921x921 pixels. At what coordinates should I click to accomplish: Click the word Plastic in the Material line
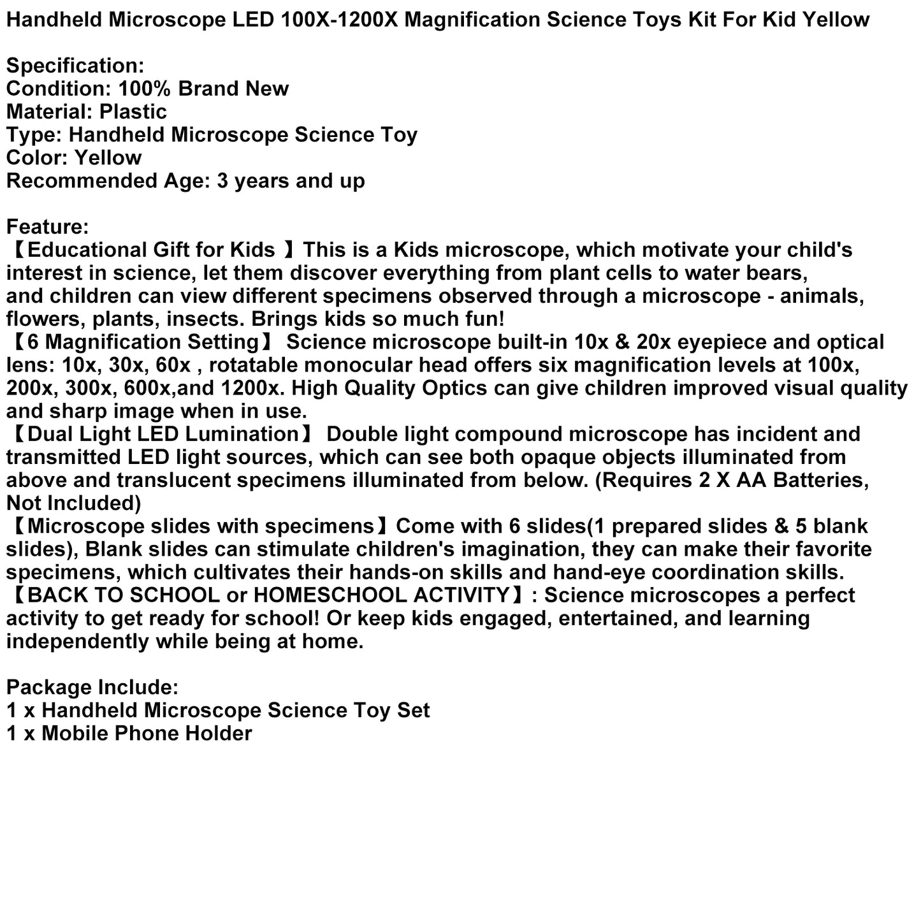pyautogui.click(x=133, y=112)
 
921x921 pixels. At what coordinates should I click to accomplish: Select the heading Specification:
pyautogui.click(x=76, y=66)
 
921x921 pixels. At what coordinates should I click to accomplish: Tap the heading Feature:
pyautogui.click(x=48, y=227)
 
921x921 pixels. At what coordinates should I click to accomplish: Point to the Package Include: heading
pyautogui.click(x=92, y=687)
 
